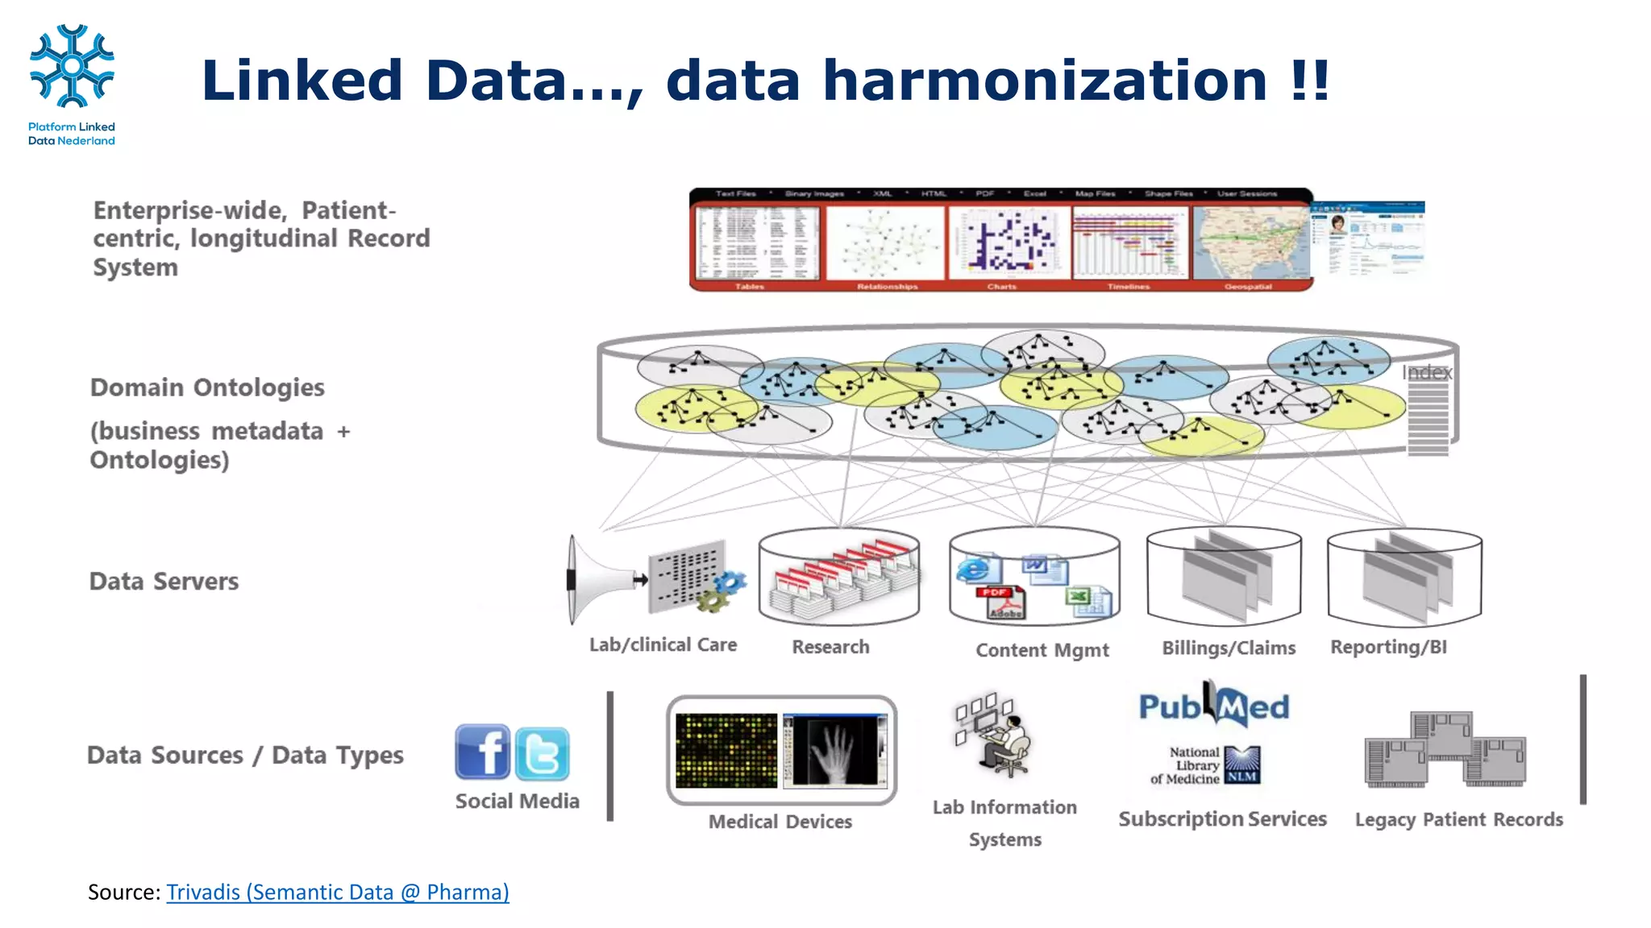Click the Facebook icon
[x=482, y=752]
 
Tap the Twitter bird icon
[x=542, y=754]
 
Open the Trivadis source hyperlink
[x=337, y=892]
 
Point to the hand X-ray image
[x=835, y=750]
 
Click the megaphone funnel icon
[x=597, y=580]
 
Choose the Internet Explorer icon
[x=975, y=570]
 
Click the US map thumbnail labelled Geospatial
[x=1250, y=243]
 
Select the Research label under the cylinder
[x=830, y=647]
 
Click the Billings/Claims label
[x=1229, y=648]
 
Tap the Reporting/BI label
[x=1388, y=647]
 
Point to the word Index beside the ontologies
[x=1426, y=372]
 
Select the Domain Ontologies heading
[x=207, y=387]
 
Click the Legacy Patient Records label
[x=1458, y=819]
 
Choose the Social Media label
[x=517, y=801]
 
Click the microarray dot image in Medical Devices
[x=726, y=751]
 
